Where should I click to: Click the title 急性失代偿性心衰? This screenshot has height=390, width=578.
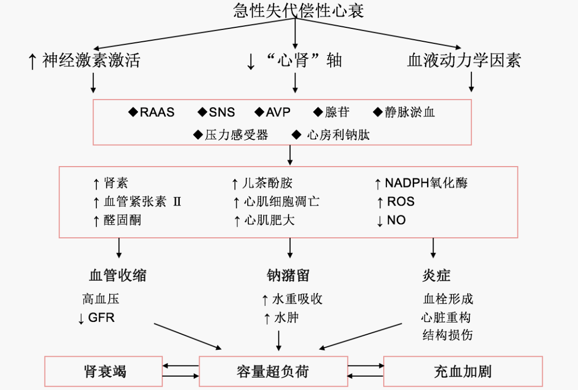(299, 11)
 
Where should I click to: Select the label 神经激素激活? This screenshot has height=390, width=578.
(91, 60)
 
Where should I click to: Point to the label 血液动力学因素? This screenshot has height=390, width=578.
(463, 60)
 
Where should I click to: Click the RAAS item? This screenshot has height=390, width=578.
(157, 112)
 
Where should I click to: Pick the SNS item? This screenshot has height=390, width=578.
(222, 112)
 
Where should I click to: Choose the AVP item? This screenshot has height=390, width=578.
(278, 112)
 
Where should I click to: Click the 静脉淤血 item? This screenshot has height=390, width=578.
(409, 112)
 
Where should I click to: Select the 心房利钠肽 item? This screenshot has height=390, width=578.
(338, 135)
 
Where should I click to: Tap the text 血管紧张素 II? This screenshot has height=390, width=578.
(142, 201)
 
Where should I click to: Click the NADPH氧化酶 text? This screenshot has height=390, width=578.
(426, 183)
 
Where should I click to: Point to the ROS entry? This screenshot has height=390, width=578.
(400, 202)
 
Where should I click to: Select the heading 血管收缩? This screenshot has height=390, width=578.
(117, 275)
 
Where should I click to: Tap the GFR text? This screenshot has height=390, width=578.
(101, 318)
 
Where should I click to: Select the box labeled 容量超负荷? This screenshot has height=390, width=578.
(273, 371)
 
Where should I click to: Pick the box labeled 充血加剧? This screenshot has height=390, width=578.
(462, 371)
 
